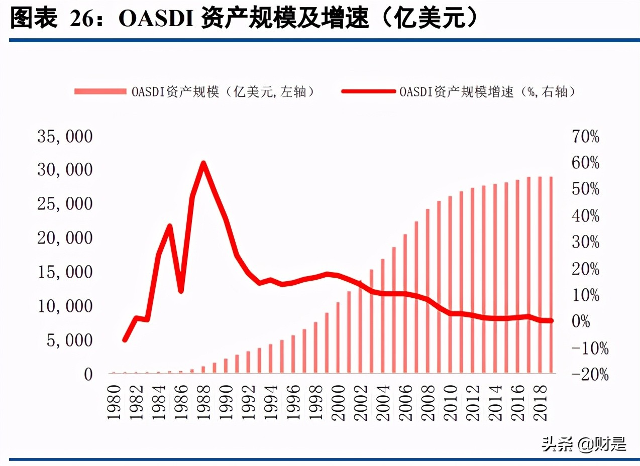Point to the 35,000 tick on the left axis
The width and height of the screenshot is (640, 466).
[x=65, y=136]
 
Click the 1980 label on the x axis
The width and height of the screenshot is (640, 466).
[x=114, y=402]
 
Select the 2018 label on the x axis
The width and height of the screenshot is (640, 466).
[x=539, y=402]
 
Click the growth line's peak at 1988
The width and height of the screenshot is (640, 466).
[x=203, y=163]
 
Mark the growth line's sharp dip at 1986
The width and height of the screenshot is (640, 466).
[x=181, y=291]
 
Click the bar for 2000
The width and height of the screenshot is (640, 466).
[x=338, y=337]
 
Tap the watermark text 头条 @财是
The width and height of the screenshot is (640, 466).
[x=584, y=444]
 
